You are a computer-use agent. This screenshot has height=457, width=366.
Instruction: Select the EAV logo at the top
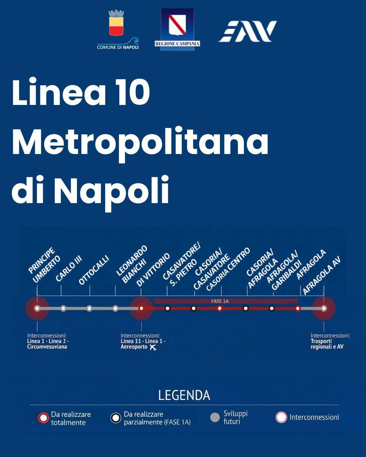pyautogui.click(x=248, y=31)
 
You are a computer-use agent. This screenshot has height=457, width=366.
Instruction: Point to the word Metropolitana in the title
pyautogui.click(x=140, y=142)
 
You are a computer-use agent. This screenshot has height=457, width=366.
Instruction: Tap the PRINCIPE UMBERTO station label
pyautogui.click(x=44, y=266)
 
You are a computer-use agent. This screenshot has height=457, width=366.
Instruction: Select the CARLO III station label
pyautogui.click(x=69, y=271)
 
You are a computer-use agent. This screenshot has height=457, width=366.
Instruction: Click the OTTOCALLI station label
pyautogui.click(x=94, y=270)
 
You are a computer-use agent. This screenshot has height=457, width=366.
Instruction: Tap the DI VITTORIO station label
pyautogui.click(x=153, y=270)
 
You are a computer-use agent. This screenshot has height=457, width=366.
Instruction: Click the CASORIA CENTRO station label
pyautogui.click(x=228, y=269)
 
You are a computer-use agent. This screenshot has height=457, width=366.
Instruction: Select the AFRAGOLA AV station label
pyautogui.click(x=321, y=275)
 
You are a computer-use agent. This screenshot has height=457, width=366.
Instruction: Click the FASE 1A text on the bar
pyautogui.click(x=220, y=301)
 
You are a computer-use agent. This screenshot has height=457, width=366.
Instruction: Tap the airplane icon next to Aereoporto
pyautogui.click(x=153, y=347)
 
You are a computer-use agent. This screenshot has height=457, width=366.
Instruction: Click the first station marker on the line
pyautogui.click(x=37, y=308)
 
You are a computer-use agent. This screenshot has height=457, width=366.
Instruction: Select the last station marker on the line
pyautogui.click(x=324, y=308)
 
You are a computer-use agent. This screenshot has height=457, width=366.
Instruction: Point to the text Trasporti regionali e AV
pyautogui.click(x=327, y=344)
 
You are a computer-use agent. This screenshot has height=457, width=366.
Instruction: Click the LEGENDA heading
pyautogui.click(x=184, y=395)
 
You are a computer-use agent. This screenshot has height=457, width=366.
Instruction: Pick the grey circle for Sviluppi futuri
pyautogui.click(x=215, y=417)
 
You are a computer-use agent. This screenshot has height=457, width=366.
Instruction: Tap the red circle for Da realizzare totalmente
pyautogui.click(x=44, y=418)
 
